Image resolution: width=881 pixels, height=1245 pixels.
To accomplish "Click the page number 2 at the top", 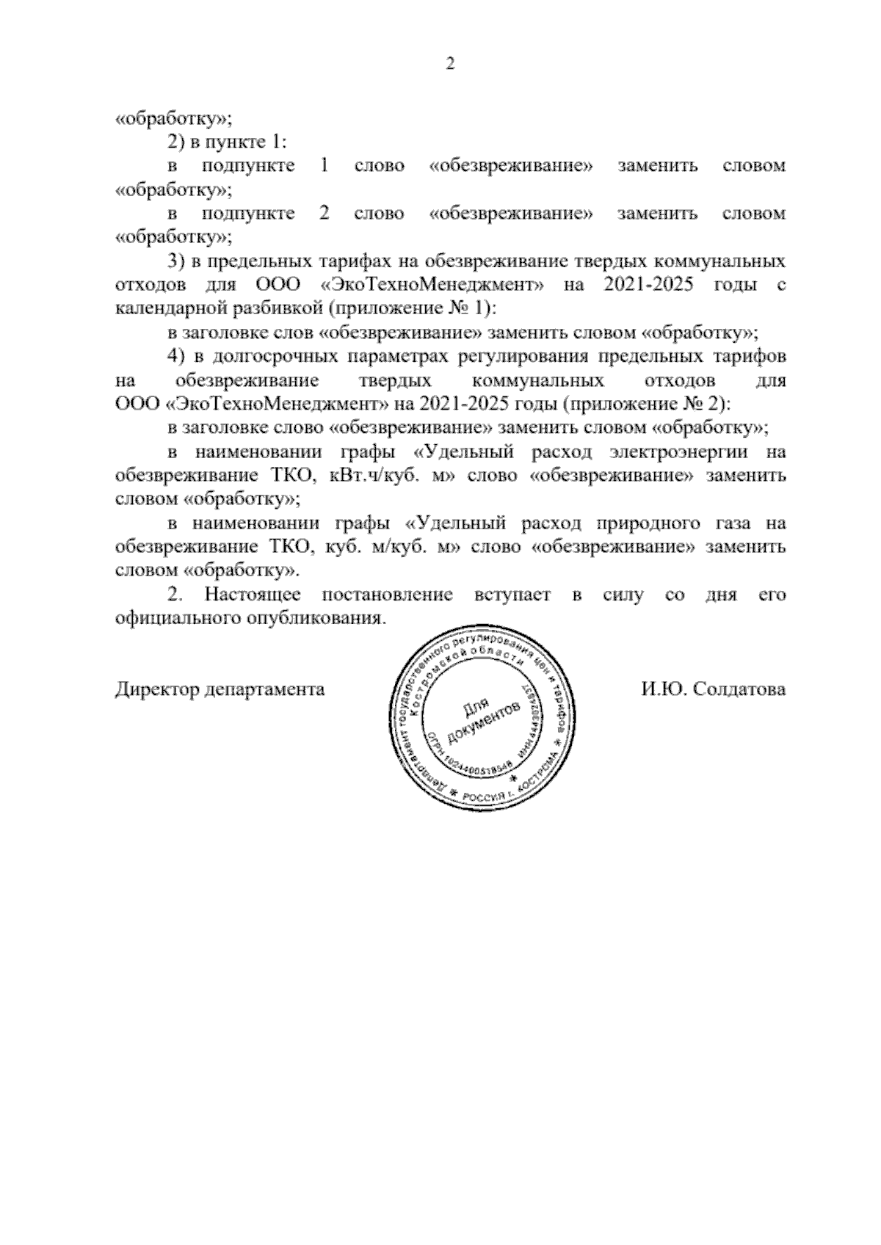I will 451,65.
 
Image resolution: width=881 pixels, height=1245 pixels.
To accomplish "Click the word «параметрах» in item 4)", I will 397,357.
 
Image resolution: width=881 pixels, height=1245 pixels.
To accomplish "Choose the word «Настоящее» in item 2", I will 251,595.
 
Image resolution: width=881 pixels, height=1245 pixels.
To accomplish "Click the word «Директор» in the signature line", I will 156,690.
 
